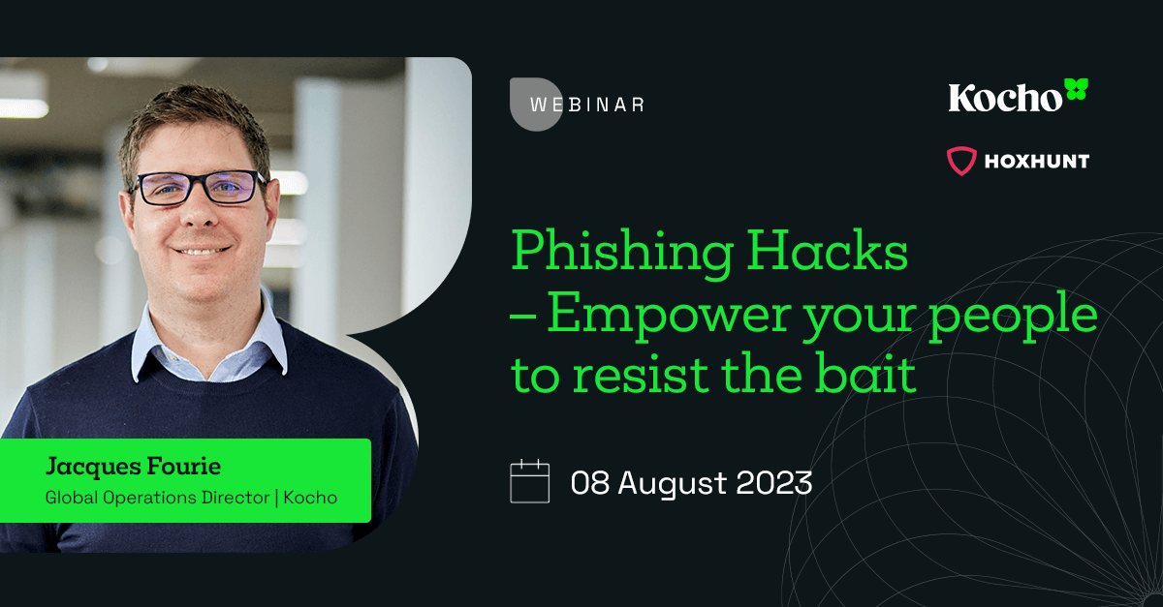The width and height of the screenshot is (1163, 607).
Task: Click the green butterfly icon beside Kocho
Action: pyautogui.click(x=1076, y=91)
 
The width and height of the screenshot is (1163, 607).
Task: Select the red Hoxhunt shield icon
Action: pyautogui.click(x=961, y=161)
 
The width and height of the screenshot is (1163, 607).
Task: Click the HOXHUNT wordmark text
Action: pyautogui.click(x=1037, y=161)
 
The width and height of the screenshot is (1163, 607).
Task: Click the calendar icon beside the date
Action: pyautogui.click(x=529, y=482)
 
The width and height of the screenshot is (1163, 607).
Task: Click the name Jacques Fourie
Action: pyautogui.click(x=133, y=467)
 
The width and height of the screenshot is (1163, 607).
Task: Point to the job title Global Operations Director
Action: pyautogui.click(x=156, y=498)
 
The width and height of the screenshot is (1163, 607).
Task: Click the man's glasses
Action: pyautogui.click(x=200, y=187)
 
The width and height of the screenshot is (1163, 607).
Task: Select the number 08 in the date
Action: pyautogui.click(x=590, y=482)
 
